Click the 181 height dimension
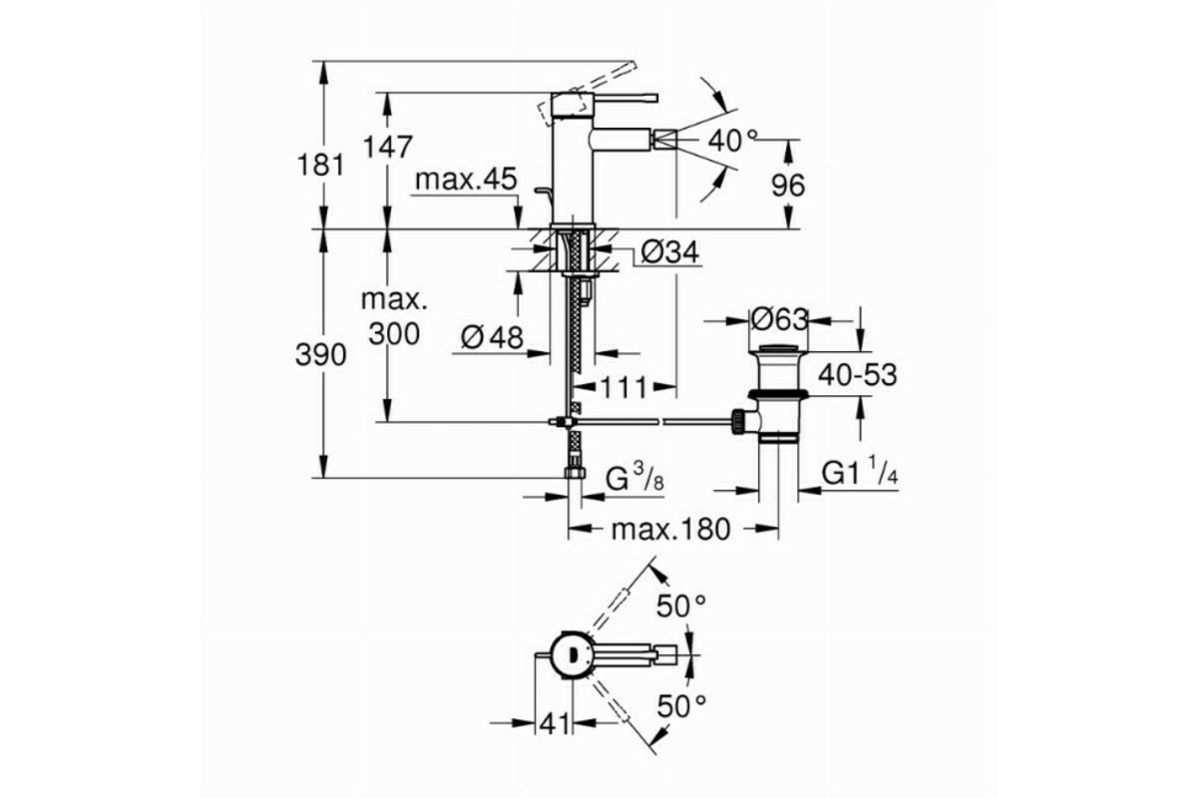pos(320,166)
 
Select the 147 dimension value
pos(387,147)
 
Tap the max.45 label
pos(466,180)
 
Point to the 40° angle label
pos(732,141)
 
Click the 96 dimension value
pos(788,186)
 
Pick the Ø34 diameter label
pos(670,251)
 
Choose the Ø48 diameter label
pos(492,338)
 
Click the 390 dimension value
pos(320,355)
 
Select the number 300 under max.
pos(394,334)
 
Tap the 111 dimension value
pos(624,387)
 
